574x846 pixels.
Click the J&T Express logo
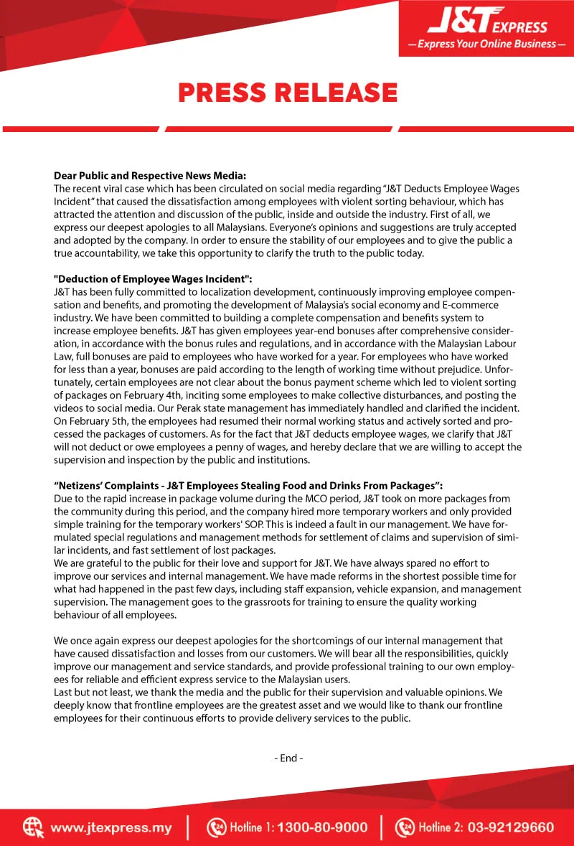tap(486, 25)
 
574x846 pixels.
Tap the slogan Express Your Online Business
tap(486, 44)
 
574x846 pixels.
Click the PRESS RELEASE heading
tap(288, 93)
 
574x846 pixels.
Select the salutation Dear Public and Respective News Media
tap(150, 175)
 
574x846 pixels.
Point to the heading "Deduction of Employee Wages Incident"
tap(153, 279)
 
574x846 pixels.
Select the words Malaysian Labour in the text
tap(476, 344)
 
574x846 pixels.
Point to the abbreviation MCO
tap(335, 499)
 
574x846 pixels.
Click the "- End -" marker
tap(288, 758)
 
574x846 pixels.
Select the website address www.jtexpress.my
tap(111, 827)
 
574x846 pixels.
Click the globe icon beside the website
tap(33, 827)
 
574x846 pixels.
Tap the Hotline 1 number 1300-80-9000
tap(322, 827)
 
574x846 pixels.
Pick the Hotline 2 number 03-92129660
tap(511, 827)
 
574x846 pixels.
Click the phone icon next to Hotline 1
tap(216, 827)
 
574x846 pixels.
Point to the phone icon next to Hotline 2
tap(405, 827)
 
